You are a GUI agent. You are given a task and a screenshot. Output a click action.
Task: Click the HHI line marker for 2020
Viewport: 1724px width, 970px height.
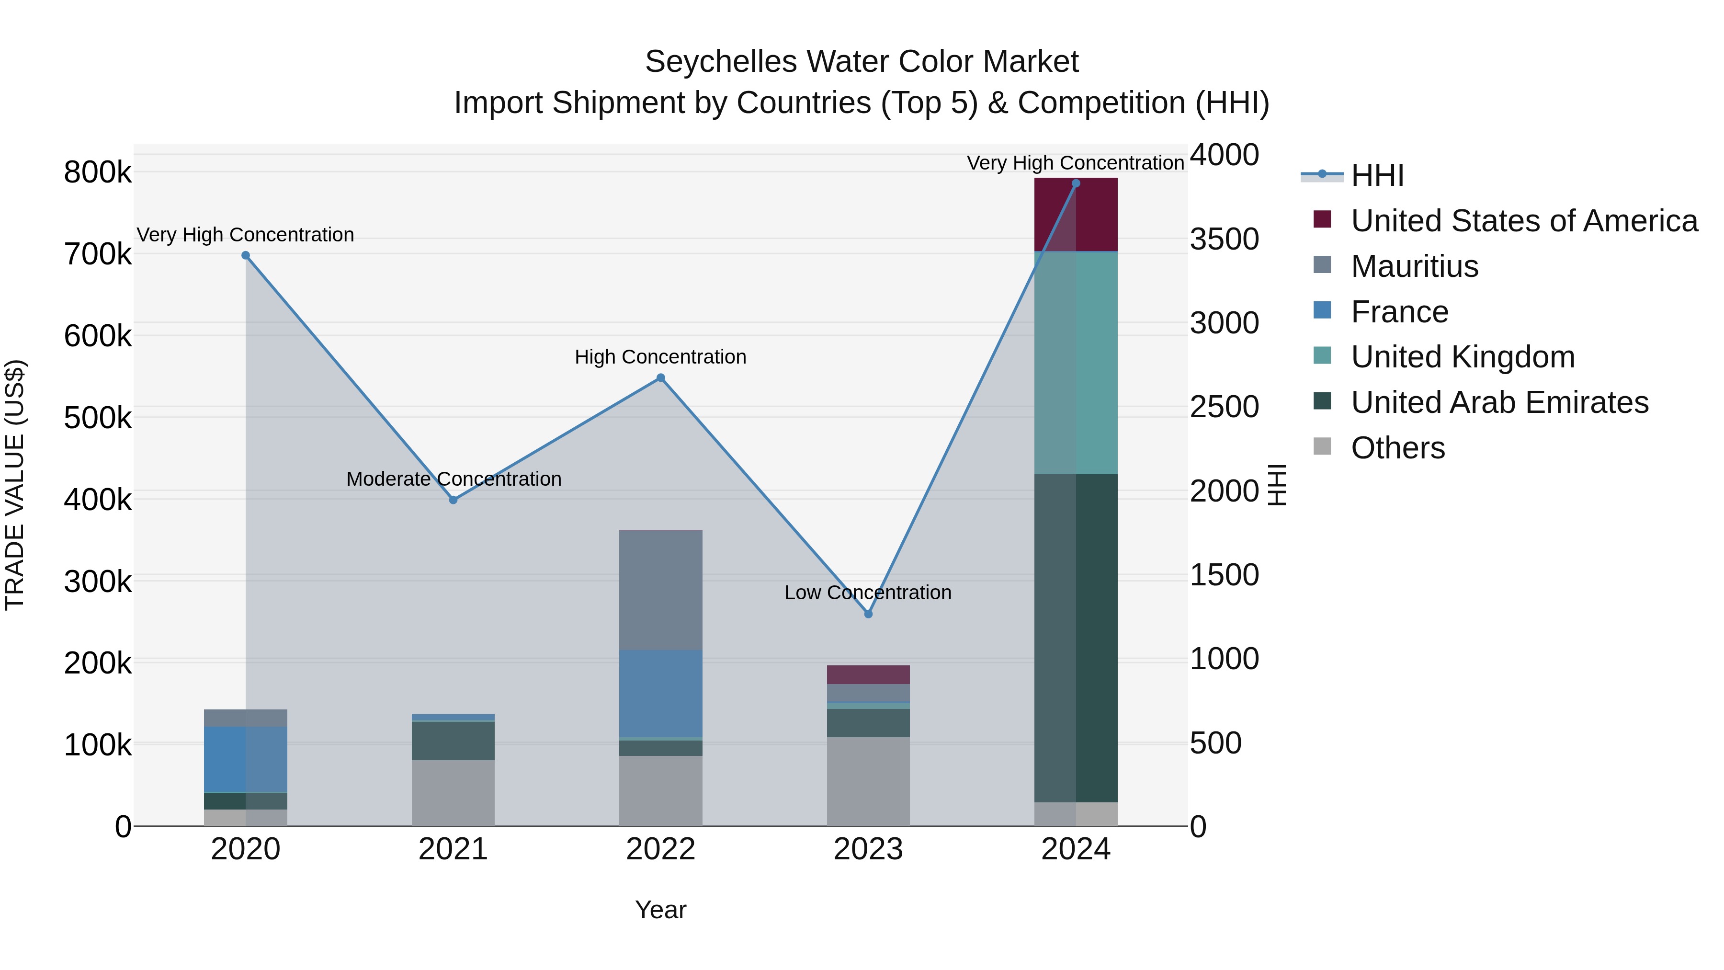click(246, 255)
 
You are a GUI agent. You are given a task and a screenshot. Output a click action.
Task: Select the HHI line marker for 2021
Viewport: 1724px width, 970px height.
click(453, 500)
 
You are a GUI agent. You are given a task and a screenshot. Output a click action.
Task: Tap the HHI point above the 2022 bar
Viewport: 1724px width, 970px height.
click(660, 377)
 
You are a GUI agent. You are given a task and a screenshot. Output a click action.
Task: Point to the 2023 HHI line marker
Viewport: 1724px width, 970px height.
click(868, 614)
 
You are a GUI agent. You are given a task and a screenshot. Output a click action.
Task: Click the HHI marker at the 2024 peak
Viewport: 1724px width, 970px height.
click(1076, 183)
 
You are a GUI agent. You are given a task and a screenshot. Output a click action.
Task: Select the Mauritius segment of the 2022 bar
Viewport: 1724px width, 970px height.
click(660, 590)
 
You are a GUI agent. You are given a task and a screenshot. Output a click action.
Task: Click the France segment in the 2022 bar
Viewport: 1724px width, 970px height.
click(660, 694)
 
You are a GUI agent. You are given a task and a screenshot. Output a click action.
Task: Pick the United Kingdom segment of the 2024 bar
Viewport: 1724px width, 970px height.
click(1076, 363)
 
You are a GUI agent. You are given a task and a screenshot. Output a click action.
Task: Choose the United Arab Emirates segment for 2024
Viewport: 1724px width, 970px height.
click(1076, 638)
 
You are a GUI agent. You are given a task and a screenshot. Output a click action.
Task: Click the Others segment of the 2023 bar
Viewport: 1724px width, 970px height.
click(868, 781)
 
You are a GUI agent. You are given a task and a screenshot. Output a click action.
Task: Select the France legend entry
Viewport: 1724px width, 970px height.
click(1399, 312)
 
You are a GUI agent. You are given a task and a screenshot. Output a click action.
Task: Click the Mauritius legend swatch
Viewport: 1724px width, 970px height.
click(1322, 265)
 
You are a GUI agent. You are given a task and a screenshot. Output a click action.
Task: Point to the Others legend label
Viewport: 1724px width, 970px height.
click(1397, 448)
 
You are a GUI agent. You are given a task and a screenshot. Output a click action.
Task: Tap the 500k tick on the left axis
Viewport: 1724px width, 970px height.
click(98, 418)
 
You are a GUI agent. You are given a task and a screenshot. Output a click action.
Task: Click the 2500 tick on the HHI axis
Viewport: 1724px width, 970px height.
click(1224, 407)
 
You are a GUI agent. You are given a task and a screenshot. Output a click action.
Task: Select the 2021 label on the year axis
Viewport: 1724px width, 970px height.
click(453, 849)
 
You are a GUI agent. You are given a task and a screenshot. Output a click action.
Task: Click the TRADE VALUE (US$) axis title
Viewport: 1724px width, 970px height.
click(15, 485)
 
